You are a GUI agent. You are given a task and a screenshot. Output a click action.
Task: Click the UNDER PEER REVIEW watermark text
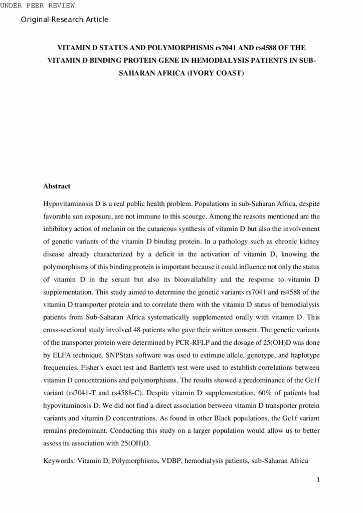38,6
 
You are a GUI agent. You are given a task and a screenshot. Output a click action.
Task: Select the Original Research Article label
65,20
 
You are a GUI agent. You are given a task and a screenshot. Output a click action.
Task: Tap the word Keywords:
59,459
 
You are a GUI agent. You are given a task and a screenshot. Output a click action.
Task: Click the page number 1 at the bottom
318,479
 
